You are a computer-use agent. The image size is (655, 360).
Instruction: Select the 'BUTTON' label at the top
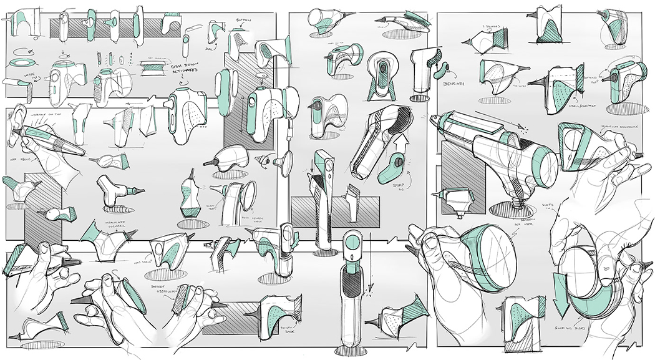tap(244, 21)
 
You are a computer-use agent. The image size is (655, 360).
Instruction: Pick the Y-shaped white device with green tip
tap(113, 189)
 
